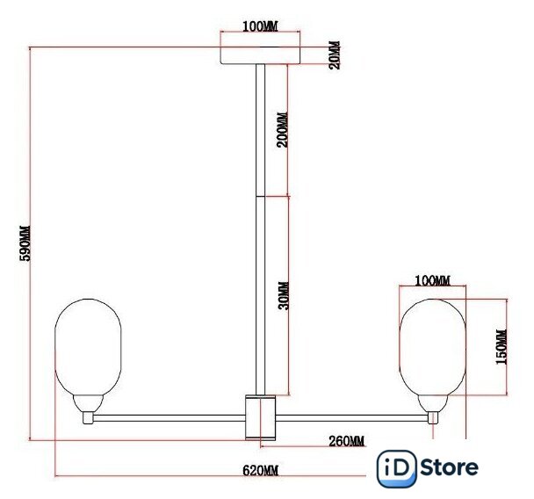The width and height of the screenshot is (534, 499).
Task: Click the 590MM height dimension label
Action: point(25,242)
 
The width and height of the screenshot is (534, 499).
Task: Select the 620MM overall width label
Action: point(261,471)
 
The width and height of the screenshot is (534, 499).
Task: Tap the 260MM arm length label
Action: point(347,441)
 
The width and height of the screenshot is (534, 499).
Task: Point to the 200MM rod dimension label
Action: point(282,129)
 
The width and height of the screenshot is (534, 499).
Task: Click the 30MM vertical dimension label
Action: point(284,295)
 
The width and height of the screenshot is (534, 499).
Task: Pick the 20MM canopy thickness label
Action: point(335,54)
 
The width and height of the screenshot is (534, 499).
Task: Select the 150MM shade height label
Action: point(502,347)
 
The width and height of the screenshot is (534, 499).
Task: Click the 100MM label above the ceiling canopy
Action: point(260,26)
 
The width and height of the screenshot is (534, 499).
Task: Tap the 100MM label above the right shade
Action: point(432,280)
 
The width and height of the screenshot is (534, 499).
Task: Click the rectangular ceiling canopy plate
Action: point(261,55)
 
